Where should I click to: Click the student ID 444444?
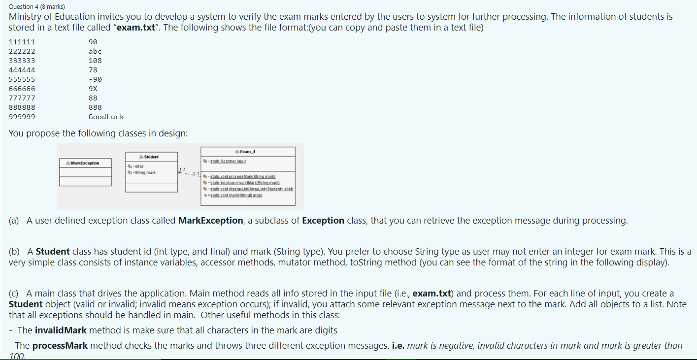point(22,70)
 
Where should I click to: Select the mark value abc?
point(95,51)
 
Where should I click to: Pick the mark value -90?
point(95,79)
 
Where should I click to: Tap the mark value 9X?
point(93,89)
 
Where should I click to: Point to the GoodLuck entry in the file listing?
point(106,117)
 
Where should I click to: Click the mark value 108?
point(95,61)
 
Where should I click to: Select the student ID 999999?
point(22,117)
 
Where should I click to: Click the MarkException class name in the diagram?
point(85,163)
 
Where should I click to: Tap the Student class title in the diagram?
point(151,157)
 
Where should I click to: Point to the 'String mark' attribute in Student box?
point(144,172)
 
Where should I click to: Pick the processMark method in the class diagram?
point(241,176)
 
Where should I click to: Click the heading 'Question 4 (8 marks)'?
point(37,6)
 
